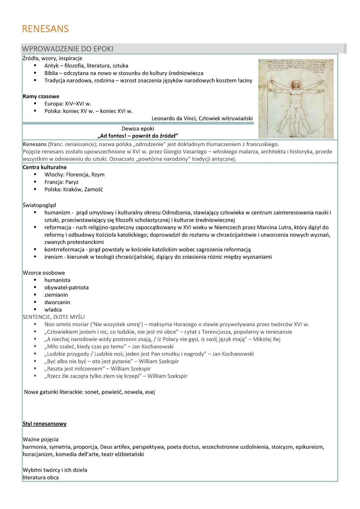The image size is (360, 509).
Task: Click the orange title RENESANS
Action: (x=45, y=29)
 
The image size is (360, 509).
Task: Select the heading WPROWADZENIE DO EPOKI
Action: (x=67, y=49)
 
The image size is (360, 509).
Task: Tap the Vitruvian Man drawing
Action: (x=296, y=98)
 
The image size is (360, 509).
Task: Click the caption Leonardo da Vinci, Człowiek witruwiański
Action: (x=202, y=118)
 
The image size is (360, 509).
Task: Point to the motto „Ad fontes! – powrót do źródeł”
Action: (x=138, y=136)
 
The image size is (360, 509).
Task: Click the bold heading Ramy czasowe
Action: (x=41, y=97)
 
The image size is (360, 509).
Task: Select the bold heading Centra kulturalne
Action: (x=44, y=167)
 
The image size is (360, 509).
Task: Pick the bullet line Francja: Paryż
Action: (x=61, y=182)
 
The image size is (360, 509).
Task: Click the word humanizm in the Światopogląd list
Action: (x=57, y=213)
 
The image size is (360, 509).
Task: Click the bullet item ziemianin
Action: (x=56, y=295)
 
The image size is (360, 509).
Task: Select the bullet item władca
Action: (x=53, y=310)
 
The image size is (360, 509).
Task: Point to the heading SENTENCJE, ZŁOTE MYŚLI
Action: (x=54, y=317)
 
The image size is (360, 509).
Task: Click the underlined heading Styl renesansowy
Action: (x=44, y=424)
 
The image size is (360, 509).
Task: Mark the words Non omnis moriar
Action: (x=66, y=325)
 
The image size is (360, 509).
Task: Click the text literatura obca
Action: (x=40, y=478)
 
